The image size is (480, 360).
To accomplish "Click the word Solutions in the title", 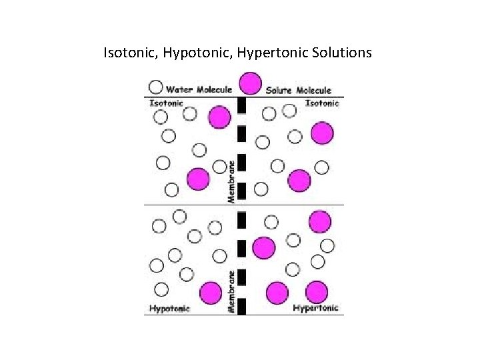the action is pyautogui.click(x=342, y=51).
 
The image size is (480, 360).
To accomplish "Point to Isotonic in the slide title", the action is pyautogui.click(x=128, y=51).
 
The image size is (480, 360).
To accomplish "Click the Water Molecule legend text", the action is pyautogui.click(x=199, y=89).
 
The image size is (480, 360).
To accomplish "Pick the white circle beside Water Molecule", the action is pyautogui.click(x=155, y=87).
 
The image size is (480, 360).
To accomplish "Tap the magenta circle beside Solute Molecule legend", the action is pyautogui.click(x=250, y=84).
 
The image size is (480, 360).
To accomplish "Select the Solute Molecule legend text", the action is pyautogui.click(x=298, y=90).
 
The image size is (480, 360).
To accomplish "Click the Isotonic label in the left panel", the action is pyautogui.click(x=165, y=103).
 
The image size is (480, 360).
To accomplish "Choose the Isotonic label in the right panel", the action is pyautogui.click(x=322, y=103).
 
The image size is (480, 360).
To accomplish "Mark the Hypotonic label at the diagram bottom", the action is pyautogui.click(x=169, y=308).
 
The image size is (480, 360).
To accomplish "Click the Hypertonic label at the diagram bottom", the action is pyautogui.click(x=316, y=308).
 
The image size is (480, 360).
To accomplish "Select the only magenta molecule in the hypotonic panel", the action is pyautogui.click(x=211, y=293).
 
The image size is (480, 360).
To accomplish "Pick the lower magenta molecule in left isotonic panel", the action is pyautogui.click(x=198, y=179).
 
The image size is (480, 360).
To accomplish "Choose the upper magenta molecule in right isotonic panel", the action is pyautogui.click(x=322, y=133).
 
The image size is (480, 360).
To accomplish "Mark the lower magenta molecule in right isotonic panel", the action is pyautogui.click(x=299, y=180).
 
